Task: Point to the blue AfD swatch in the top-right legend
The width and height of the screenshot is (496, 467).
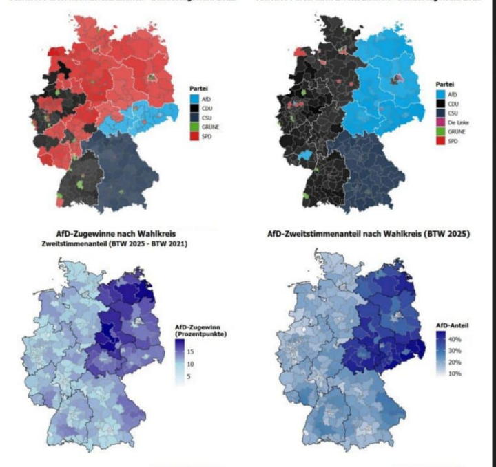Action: pyautogui.click(x=442, y=92)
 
